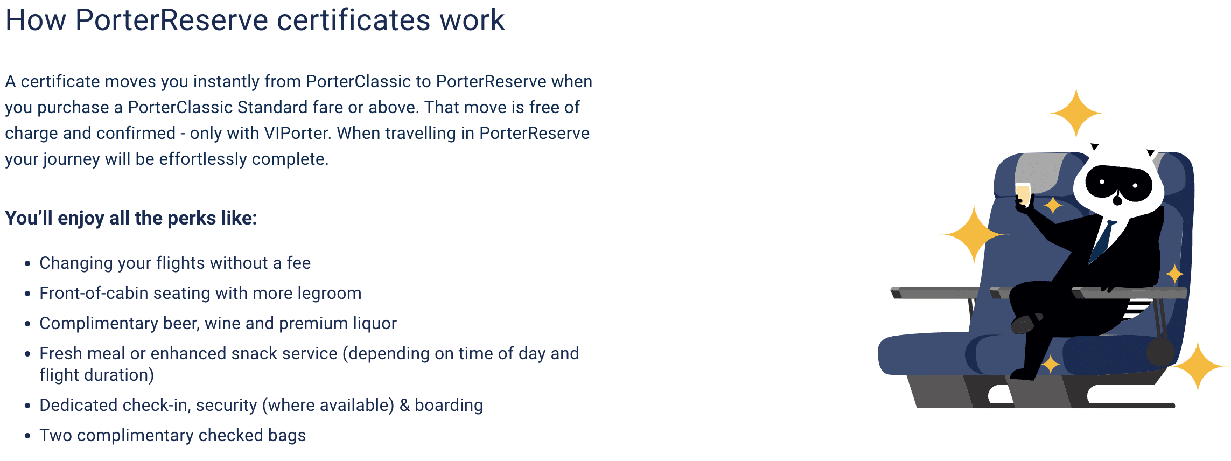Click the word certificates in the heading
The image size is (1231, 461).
click(354, 20)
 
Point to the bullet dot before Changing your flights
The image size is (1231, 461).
click(28, 264)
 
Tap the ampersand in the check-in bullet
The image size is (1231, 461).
click(404, 405)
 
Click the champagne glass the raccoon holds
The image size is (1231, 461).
click(1023, 194)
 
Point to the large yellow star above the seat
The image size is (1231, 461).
click(1076, 114)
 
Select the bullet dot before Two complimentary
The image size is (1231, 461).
click(28, 436)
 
